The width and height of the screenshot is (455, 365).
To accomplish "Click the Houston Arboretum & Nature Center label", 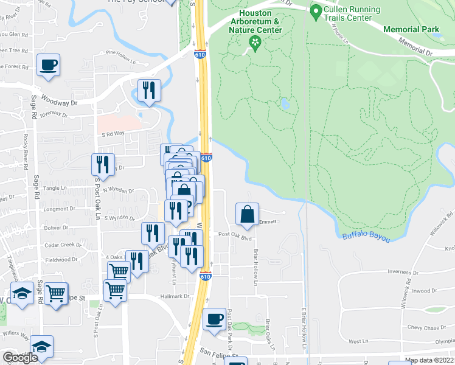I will click(x=255, y=21).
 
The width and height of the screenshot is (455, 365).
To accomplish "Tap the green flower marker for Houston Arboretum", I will click(x=255, y=42).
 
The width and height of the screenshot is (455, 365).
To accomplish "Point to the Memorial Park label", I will click(x=411, y=29).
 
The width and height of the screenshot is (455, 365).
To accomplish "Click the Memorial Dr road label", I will click(x=415, y=48).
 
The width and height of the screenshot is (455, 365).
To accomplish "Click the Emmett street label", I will click(x=268, y=222).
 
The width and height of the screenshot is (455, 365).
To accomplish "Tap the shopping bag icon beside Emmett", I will click(x=248, y=214).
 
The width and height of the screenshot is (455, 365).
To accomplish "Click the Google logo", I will click(x=20, y=358).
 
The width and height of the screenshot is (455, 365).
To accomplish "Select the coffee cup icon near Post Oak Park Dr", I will click(x=214, y=319).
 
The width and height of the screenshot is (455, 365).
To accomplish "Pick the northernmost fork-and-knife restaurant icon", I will click(x=149, y=90).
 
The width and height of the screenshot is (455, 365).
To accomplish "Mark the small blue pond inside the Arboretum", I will click(x=285, y=105).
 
